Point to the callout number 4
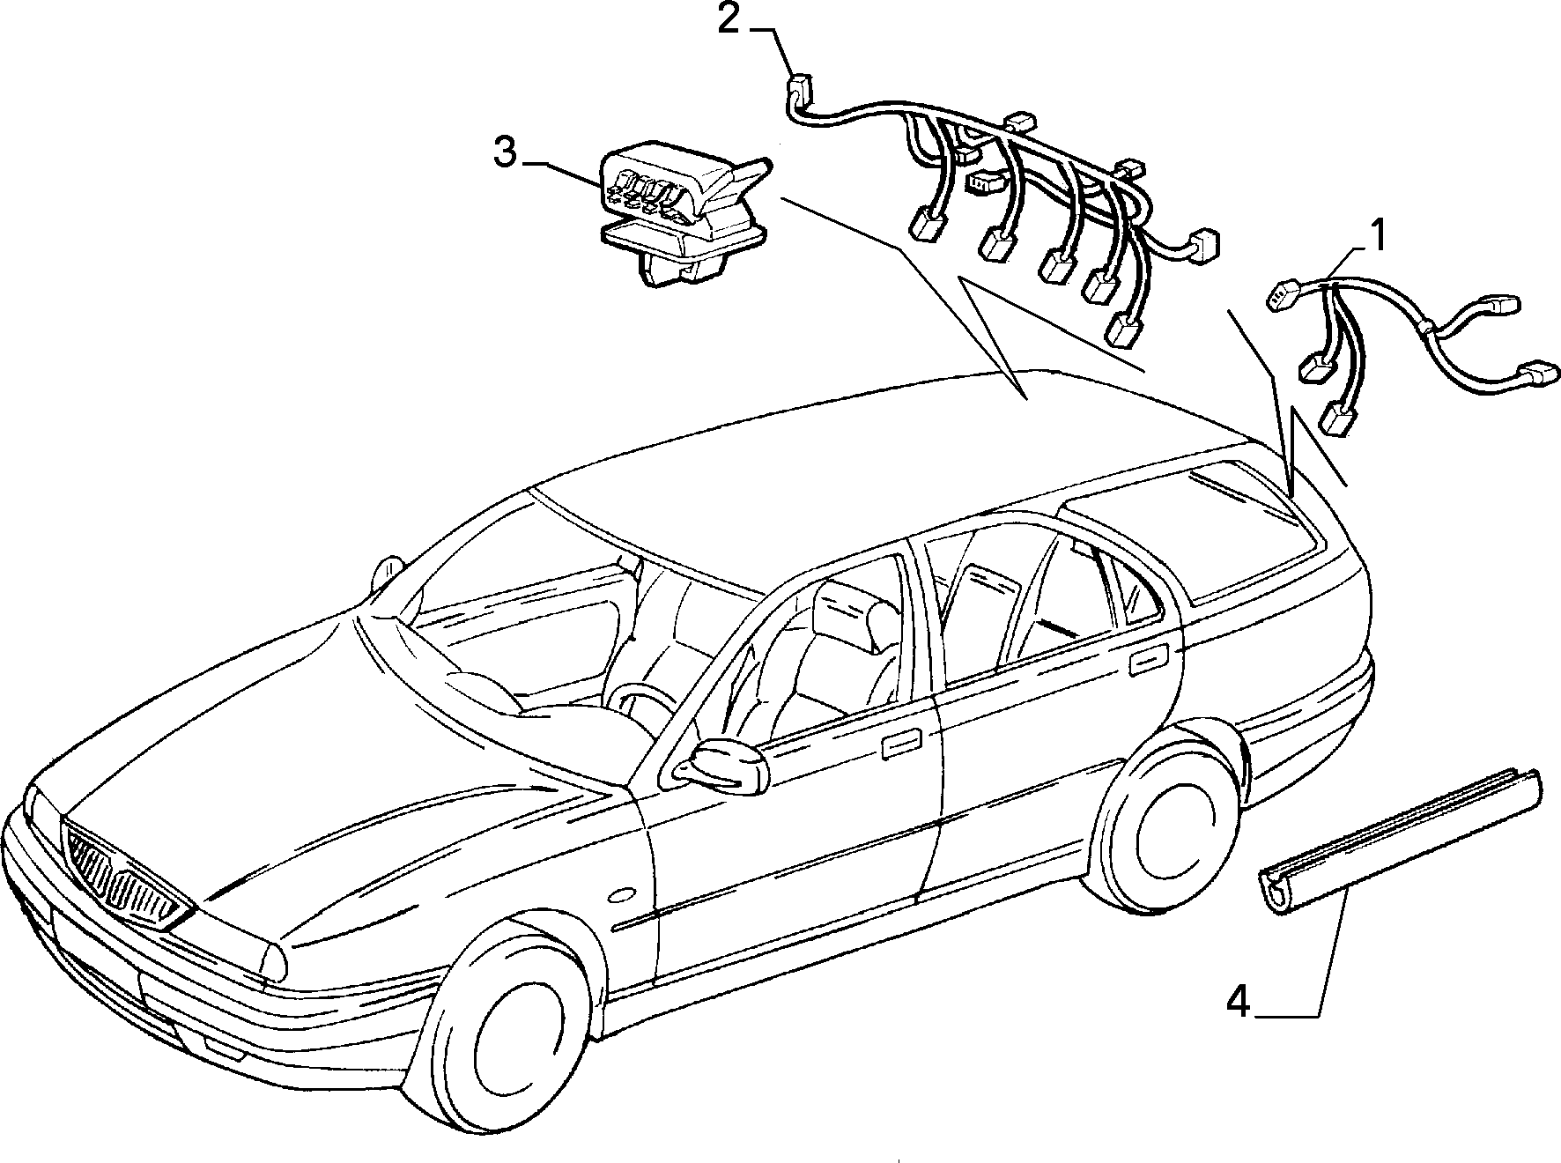click(1239, 1003)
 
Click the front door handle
click(901, 742)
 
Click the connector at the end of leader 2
click(798, 86)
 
